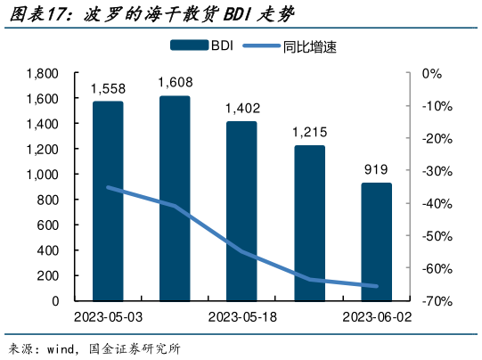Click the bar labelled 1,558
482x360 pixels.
(108, 200)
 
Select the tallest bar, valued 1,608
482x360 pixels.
(175, 198)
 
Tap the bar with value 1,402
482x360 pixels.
(241, 210)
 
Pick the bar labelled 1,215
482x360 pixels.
(309, 222)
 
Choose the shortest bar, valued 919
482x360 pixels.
(376, 241)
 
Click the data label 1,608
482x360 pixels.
(175, 83)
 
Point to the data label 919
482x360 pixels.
(376, 169)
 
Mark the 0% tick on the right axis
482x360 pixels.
(432, 73)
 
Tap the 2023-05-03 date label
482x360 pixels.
(109, 317)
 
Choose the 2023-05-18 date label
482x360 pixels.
(241, 317)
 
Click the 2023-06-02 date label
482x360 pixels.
(377, 317)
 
